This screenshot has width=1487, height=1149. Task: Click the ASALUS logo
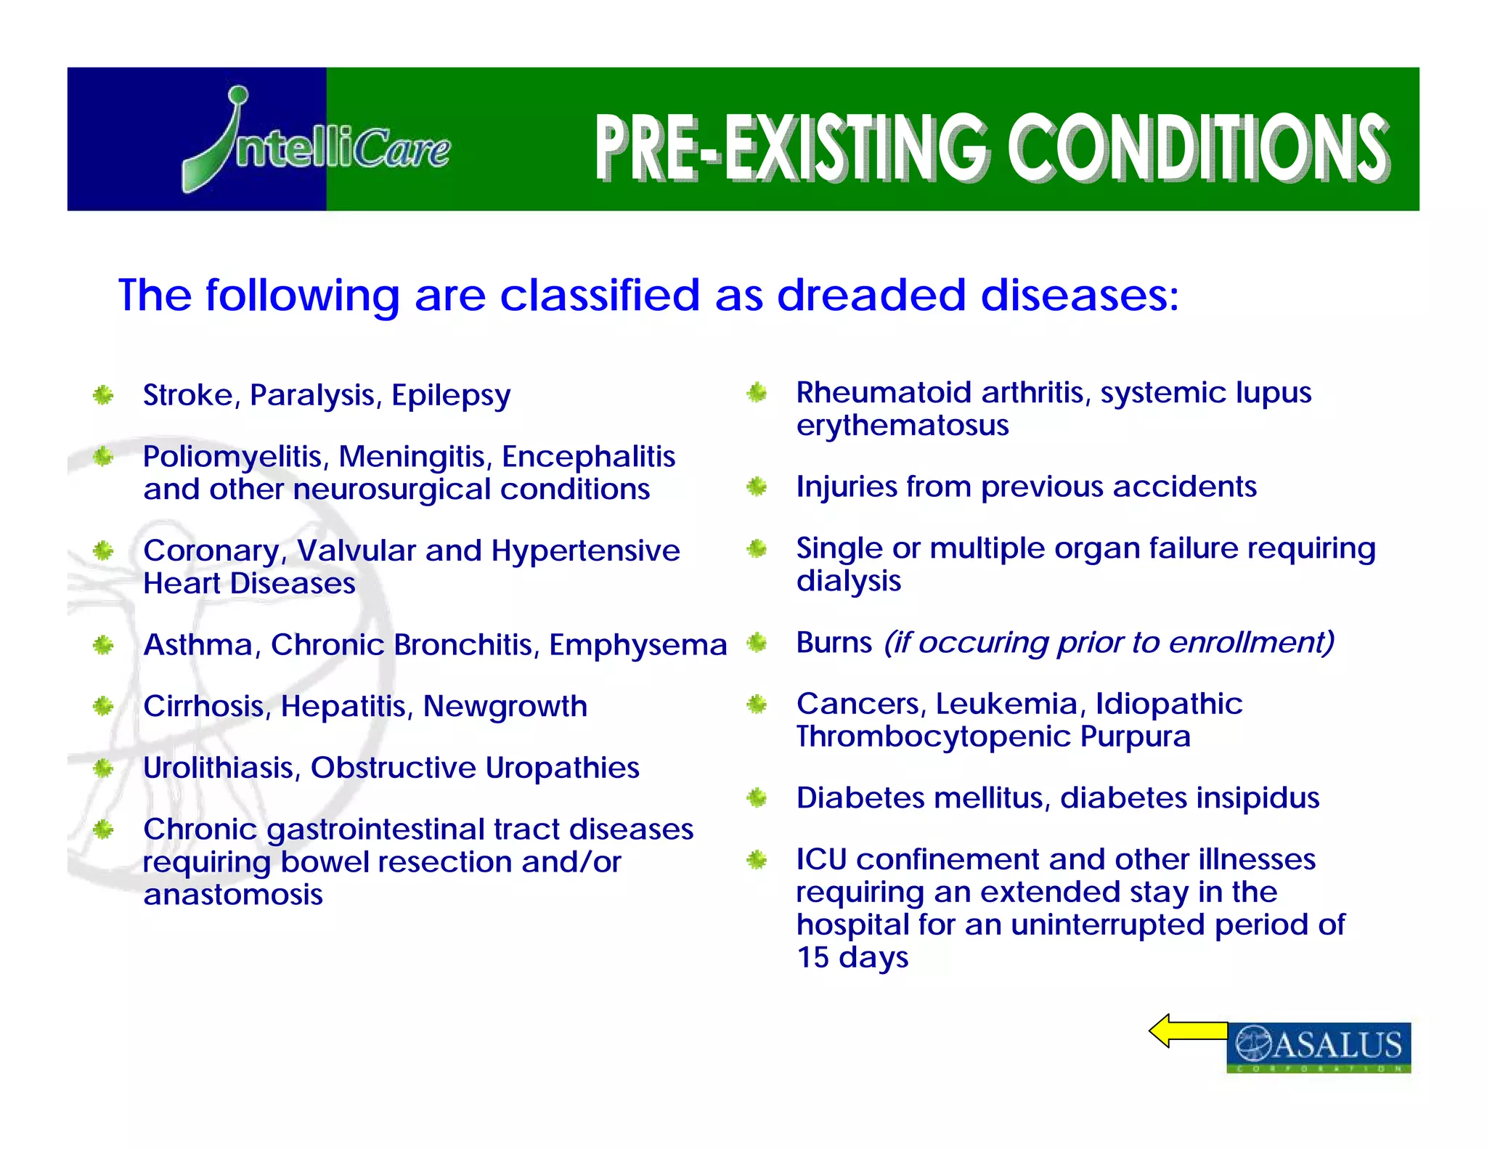[x=1319, y=1046]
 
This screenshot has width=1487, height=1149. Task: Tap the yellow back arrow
[x=1188, y=1031]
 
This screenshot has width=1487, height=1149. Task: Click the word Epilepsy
[x=451, y=396]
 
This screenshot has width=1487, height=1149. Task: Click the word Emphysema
[x=637, y=645]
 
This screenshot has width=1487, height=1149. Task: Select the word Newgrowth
[x=505, y=706]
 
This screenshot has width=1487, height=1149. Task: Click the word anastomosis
[x=233, y=895]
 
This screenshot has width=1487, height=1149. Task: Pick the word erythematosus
[x=903, y=426]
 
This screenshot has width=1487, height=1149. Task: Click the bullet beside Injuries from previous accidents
[x=757, y=487]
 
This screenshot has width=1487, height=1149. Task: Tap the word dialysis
[x=849, y=581]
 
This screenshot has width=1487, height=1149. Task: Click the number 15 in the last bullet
[x=812, y=958]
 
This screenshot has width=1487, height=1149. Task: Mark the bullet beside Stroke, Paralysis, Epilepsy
[x=103, y=395]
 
